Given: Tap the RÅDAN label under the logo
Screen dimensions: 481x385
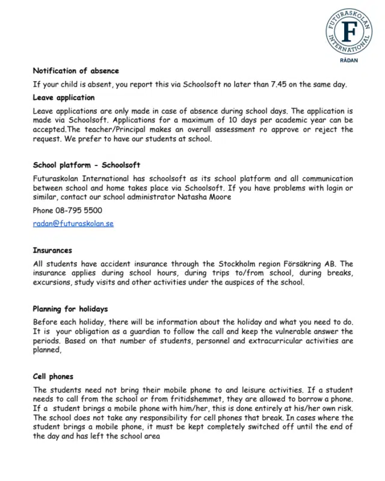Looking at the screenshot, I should click(x=349, y=61).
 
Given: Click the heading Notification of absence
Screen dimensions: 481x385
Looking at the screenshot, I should click(x=76, y=71).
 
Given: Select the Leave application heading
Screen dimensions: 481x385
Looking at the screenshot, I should click(x=64, y=97).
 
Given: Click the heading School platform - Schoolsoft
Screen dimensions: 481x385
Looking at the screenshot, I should click(x=87, y=165).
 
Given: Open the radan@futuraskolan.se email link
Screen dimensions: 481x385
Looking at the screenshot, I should click(x=73, y=224).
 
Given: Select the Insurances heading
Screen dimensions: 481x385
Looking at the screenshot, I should click(x=52, y=250).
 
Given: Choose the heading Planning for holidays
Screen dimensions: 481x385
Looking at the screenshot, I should click(x=70, y=309).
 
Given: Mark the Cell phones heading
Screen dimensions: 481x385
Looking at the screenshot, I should click(x=53, y=376).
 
